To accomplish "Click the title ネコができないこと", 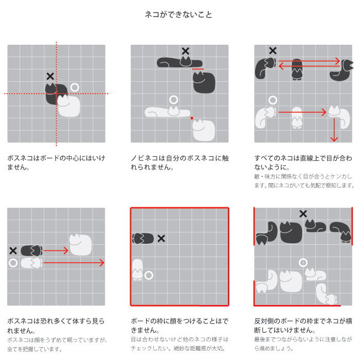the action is click(x=178, y=14).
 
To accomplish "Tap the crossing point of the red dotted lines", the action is click(x=56, y=94).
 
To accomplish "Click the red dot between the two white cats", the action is click(x=192, y=118).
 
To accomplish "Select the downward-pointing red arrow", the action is click(x=334, y=130).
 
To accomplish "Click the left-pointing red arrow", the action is click(x=309, y=66).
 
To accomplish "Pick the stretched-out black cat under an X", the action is click(x=180, y=62).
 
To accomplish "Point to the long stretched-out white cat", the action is click(x=167, y=112).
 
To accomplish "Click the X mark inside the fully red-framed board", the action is click(x=161, y=239).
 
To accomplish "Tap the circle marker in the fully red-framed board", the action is click(x=149, y=275).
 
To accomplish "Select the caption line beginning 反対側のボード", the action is click(x=303, y=321).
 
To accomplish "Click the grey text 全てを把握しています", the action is click(x=34, y=349).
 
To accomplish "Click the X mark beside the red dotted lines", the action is click(x=50, y=76).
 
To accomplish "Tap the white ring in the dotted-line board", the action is click(x=75, y=87).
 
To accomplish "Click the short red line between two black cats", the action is click(x=198, y=68).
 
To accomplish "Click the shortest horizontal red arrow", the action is click(x=56, y=250).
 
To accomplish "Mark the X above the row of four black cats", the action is click(x=303, y=214).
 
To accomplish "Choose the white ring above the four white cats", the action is click(x=303, y=263).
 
